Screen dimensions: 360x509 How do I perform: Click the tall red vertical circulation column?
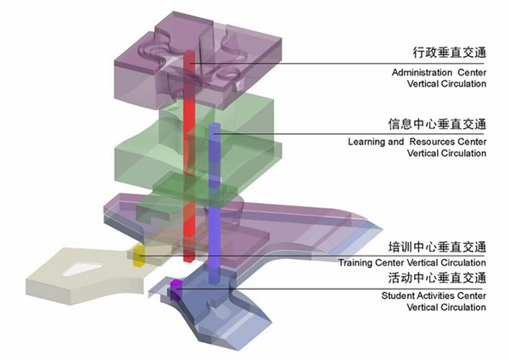coord(190,153)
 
